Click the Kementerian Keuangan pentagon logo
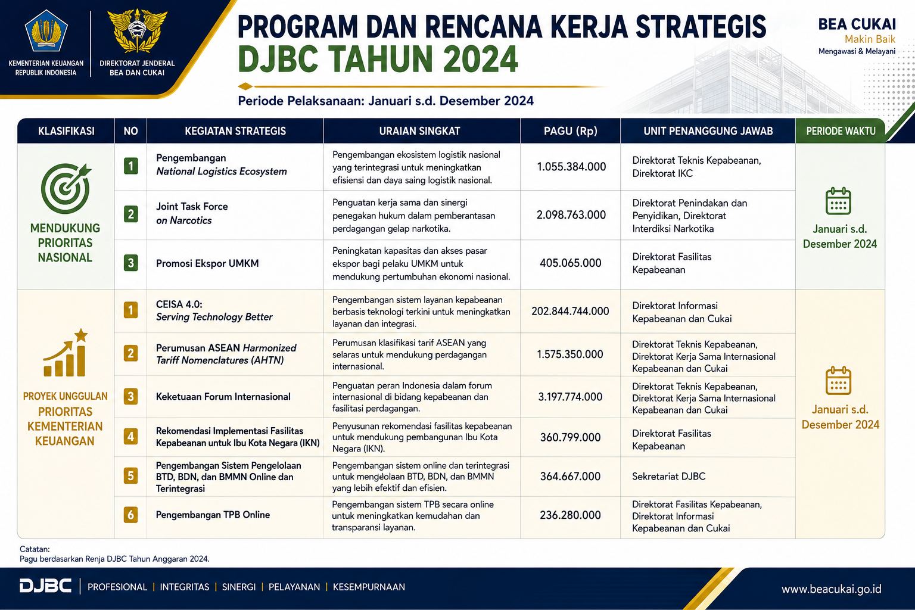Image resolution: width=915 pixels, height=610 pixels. coord(46,30)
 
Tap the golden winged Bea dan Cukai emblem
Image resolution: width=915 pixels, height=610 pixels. coord(137,31)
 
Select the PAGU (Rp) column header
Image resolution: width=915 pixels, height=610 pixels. coord(570,131)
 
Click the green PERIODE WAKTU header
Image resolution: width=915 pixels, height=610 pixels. coord(841,131)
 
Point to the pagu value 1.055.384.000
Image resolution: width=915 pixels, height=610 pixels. coord(571,167)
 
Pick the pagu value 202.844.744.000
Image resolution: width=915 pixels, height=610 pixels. coord(570,312)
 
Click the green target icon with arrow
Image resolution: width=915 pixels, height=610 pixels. coord(66,188)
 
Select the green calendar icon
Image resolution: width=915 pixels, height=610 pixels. coord(838,201)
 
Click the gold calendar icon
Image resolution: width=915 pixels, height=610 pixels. coord(838,381)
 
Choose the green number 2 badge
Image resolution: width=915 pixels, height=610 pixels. coord(130,214)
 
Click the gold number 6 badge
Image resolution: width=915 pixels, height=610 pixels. coord(130,515)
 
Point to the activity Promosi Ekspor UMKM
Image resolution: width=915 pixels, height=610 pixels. coord(207,263)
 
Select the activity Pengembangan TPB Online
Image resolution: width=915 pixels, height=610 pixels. coord(213,515)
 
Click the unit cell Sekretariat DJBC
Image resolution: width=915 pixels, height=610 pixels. coord(669,477)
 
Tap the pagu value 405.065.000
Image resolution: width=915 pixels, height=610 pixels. coord(570,263)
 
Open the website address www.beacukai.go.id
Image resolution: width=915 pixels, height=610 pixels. coord(831,589)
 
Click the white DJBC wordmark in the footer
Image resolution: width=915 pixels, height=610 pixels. coord(45,586)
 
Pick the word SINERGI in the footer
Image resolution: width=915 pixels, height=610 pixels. coord(238,587)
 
